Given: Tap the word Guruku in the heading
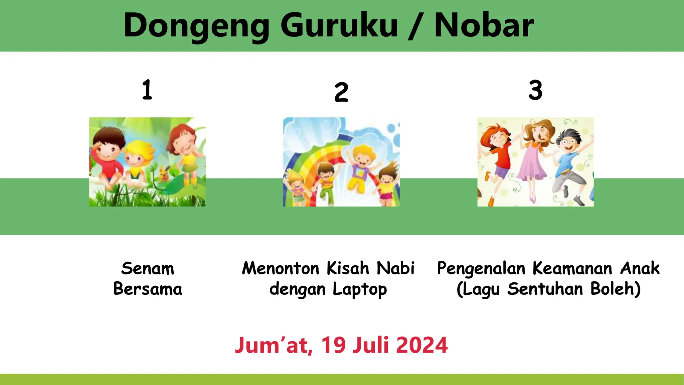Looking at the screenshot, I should pos(339,25).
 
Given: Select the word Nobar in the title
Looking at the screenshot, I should pos(484,25).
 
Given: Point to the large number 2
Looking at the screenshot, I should pos(341,92).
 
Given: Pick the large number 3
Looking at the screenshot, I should pos(535,90).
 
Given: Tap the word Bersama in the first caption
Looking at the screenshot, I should pos(148,289).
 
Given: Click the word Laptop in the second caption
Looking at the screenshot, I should pos(360,289).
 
